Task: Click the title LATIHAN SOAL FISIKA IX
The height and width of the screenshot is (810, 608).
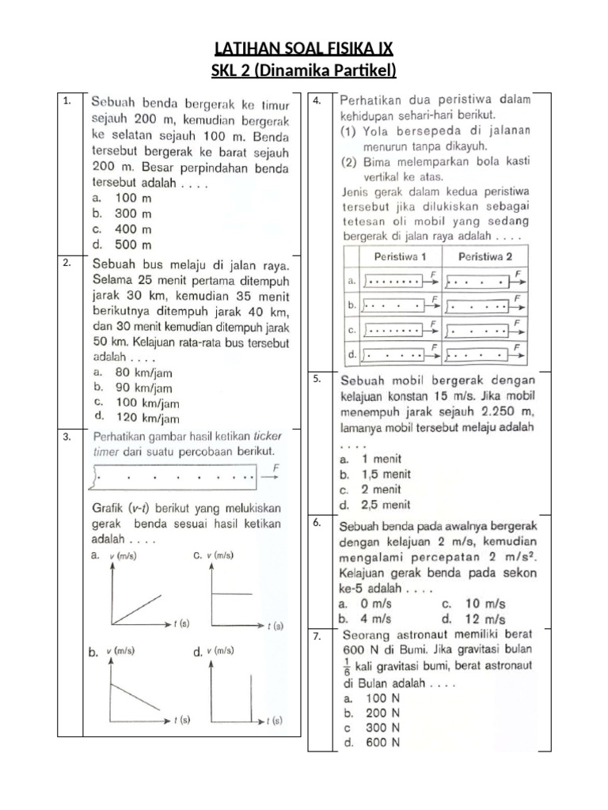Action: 303,51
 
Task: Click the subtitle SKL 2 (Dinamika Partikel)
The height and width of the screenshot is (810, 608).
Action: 303,72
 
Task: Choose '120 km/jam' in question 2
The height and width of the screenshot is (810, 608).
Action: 136,418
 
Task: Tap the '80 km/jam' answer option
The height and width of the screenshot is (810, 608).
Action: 133,372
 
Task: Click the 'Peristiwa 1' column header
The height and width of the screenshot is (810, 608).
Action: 401,257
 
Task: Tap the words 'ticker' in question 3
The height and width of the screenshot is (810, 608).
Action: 268,436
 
